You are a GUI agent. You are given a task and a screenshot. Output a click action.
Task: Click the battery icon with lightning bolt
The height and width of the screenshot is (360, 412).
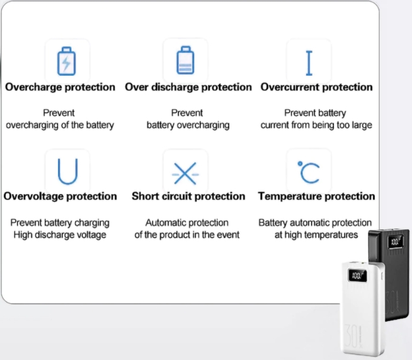tap(67, 62)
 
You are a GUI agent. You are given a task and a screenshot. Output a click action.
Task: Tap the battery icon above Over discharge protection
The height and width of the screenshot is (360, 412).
tap(185, 61)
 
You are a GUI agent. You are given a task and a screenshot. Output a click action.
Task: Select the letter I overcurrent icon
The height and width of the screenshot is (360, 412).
tap(309, 62)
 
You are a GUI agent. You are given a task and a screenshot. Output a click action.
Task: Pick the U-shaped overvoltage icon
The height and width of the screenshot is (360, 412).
tap(67, 171)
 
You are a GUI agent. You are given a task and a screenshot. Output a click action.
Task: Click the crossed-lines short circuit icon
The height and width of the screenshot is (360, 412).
tap(185, 172)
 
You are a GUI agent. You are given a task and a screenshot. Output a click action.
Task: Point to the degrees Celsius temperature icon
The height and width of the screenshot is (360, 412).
tap(309, 171)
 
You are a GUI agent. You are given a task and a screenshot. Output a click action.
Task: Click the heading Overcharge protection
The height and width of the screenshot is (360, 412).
tap(60, 87)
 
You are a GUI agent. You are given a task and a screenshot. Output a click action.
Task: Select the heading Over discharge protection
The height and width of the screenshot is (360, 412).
tap(188, 87)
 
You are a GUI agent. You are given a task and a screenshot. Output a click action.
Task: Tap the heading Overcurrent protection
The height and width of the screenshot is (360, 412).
tap(316, 87)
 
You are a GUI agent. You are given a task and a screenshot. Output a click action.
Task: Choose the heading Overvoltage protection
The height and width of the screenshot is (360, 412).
tap(60, 196)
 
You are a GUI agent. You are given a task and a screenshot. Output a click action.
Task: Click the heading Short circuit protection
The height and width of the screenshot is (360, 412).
tap(188, 196)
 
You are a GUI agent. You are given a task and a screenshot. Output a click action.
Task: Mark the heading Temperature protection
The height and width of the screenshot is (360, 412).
tap(316, 196)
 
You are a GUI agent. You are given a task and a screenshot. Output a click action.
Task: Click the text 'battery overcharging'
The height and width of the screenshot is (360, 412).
tap(188, 125)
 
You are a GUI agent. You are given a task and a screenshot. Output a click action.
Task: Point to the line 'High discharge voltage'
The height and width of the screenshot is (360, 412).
tap(60, 235)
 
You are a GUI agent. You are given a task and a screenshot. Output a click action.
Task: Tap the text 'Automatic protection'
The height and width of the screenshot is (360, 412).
tap(187, 223)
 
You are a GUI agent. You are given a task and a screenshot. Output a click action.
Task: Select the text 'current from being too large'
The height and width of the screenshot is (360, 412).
tap(316, 125)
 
